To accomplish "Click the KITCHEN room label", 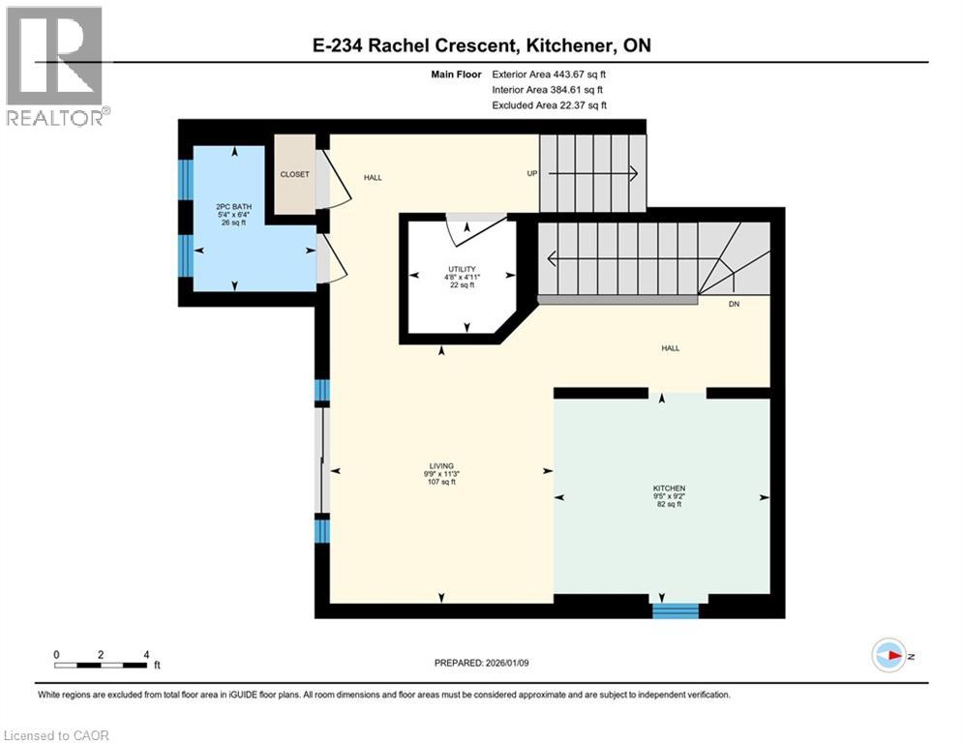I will coord(669,489).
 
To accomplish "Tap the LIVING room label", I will coord(441,465).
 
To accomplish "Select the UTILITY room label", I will coord(461,268).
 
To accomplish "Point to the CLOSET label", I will coord(294,174).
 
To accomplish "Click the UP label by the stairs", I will coord(531,174).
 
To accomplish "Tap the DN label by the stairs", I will coord(734,303).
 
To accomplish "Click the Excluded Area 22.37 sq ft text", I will coord(550,105).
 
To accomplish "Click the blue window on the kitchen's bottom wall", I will coord(675,610).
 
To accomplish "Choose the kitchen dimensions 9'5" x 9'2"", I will coord(669,496).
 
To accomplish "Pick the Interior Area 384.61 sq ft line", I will coord(550,90).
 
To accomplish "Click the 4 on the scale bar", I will coord(145,654).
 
